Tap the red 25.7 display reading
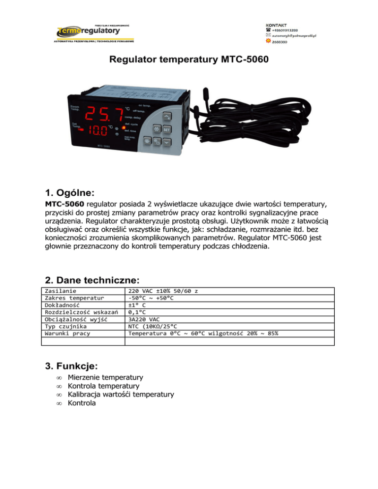tap(104, 116)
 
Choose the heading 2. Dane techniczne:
tap(92, 280)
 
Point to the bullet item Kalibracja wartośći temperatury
tap(121, 395)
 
